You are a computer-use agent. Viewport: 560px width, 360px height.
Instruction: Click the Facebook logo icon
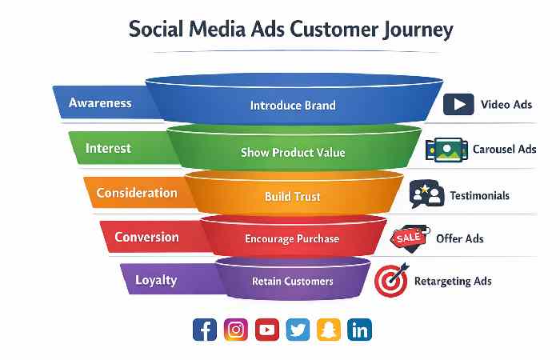205,329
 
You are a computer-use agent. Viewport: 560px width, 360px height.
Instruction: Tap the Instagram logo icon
235,329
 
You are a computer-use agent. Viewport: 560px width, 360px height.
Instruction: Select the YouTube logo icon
266,329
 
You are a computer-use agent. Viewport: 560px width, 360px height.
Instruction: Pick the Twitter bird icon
298,329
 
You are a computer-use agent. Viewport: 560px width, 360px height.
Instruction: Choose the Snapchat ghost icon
329,329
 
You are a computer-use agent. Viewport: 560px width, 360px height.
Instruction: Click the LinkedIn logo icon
360,329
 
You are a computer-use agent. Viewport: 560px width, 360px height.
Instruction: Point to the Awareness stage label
100,103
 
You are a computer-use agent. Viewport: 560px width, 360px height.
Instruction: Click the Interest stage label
108,148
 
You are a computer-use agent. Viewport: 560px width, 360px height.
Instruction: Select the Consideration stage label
137,193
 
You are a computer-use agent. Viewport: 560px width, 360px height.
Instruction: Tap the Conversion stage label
146,237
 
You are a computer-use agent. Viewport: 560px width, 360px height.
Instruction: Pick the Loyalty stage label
156,281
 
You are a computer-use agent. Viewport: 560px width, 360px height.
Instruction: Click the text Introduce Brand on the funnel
293,105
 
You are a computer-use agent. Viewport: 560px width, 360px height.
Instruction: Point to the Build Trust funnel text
293,196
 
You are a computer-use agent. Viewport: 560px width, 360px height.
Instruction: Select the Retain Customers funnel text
293,282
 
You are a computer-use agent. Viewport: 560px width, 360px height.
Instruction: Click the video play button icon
457,104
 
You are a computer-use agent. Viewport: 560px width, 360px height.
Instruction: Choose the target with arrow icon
391,281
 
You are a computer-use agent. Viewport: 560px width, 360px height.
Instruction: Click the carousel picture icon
442,149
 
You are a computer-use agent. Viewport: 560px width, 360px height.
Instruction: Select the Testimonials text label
479,195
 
